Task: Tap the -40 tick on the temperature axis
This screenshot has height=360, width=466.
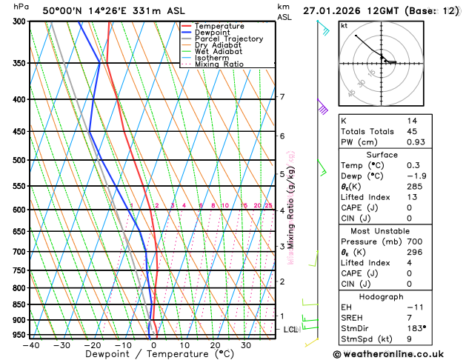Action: pos(30,345)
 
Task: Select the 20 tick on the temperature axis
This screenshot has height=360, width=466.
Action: pos(215,345)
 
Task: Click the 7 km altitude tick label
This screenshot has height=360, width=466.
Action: pos(282,97)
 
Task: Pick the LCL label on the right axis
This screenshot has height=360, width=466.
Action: pos(290,329)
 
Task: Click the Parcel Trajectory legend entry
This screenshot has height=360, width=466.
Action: pos(228,39)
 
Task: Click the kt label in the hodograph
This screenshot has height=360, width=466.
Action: pos(344,25)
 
